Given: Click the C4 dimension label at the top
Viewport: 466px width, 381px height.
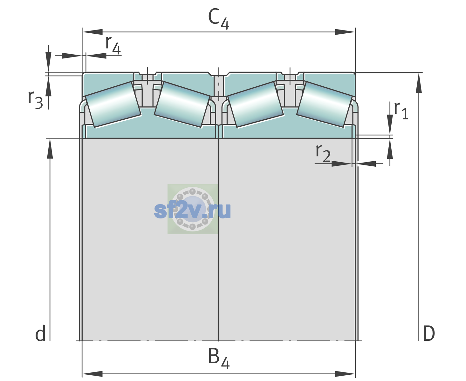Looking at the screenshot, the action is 218,18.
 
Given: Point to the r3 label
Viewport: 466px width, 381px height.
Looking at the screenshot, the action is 35,100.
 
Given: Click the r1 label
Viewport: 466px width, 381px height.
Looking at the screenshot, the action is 401,110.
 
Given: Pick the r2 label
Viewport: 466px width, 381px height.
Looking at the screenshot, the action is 323,153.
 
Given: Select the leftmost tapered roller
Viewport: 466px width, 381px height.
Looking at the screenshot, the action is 113,104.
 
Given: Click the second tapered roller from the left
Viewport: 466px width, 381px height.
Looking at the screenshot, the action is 182,104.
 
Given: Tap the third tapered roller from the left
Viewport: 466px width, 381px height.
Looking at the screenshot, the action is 256,104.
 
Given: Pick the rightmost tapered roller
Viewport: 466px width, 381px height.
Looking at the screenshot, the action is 325,104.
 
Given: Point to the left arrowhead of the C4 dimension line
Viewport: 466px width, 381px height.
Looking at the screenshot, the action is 93,32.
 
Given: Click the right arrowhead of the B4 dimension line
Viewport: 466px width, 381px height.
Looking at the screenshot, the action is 345,374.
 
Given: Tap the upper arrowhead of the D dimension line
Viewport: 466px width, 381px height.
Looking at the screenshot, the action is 419,83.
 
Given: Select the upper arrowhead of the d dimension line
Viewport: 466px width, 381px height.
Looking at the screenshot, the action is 50,149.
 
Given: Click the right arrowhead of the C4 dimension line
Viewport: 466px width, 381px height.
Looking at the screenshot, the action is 345,32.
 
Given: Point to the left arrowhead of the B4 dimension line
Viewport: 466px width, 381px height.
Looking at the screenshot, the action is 93,374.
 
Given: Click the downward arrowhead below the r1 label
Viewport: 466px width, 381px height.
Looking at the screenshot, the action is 390,124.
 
